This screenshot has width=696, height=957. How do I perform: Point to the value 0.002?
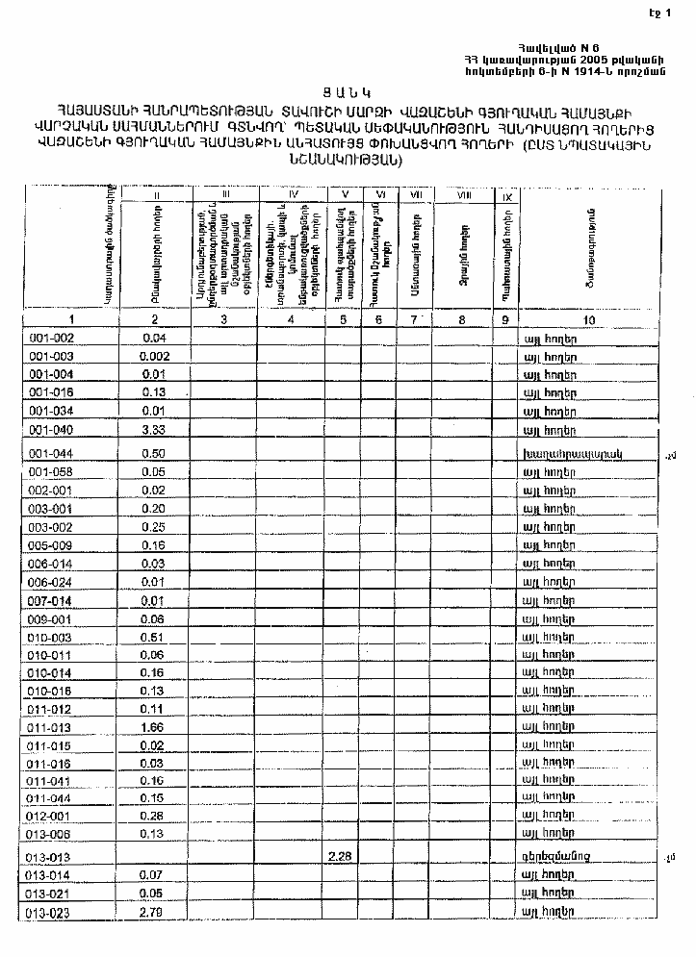coord(155,356)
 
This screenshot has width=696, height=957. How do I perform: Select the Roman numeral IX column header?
coord(506,196)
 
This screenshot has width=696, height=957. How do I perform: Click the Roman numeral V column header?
coord(344,195)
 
